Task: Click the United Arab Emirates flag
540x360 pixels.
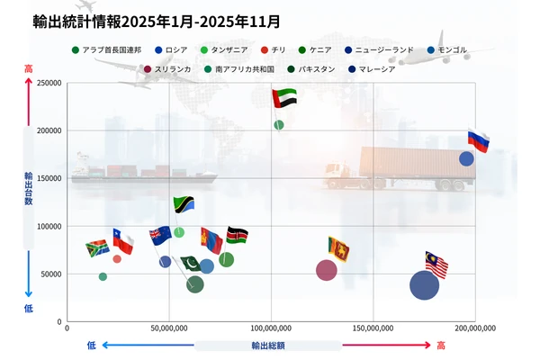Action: (x=284, y=97)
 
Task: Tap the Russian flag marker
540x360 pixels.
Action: (x=478, y=140)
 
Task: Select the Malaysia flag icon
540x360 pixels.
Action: (x=436, y=265)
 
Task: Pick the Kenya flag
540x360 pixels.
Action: (x=237, y=236)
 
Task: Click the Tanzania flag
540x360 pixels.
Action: (x=184, y=204)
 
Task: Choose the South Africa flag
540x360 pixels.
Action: (x=97, y=248)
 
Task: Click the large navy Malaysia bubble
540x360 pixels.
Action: (x=424, y=285)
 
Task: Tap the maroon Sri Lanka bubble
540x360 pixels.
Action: (x=327, y=270)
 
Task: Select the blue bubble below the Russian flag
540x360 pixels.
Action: (x=466, y=159)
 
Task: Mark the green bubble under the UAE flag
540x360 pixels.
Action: (x=278, y=125)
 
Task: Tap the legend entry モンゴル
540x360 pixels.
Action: (x=449, y=49)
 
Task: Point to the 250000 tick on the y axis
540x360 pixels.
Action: (x=47, y=83)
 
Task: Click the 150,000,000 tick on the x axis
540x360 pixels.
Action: (x=372, y=328)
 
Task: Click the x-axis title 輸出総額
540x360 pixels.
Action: (x=268, y=345)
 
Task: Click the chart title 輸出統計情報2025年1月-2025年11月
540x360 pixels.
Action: (x=155, y=21)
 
